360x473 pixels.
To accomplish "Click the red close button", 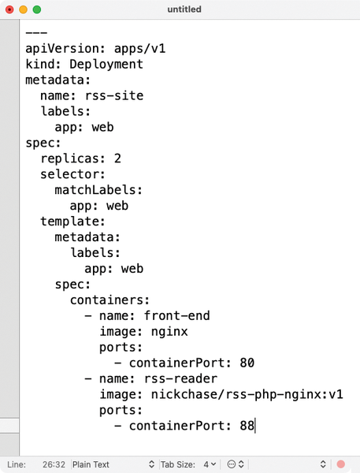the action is click(x=9, y=9).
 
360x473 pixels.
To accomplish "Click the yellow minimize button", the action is click(x=23, y=9).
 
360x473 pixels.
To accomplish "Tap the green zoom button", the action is click(x=37, y=9).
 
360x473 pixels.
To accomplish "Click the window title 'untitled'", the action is click(x=184, y=9).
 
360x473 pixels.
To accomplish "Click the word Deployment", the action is click(x=106, y=64).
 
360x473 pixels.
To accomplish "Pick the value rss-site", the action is click(x=114, y=95).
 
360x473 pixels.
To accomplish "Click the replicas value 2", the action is click(x=117, y=158).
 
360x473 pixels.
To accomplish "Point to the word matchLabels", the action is click(x=95, y=190).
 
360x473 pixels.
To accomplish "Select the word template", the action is click(x=69, y=222).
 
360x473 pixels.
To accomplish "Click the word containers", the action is click(x=106, y=300).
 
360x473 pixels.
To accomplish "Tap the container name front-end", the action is click(x=176, y=316).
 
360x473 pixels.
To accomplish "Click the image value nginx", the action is click(x=169, y=332).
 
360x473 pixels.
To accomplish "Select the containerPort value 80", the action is click(x=247, y=363).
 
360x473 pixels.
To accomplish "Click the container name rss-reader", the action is click(x=180, y=378).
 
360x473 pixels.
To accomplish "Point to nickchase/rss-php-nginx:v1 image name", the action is click(x=247, y=394).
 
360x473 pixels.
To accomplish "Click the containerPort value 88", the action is click(x=247, y=426).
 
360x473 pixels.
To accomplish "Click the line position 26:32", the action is click(x=54, y=464).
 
